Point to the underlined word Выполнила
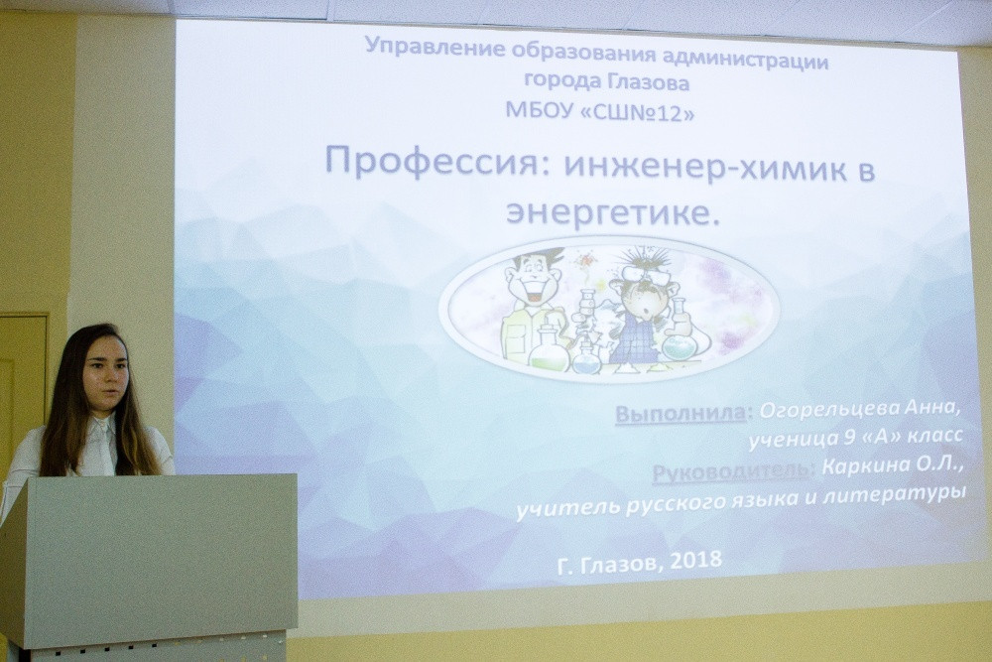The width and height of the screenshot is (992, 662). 681,413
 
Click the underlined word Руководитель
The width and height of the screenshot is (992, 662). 730,471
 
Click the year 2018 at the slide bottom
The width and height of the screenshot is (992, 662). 694,560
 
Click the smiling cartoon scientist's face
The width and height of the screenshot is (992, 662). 534,277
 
